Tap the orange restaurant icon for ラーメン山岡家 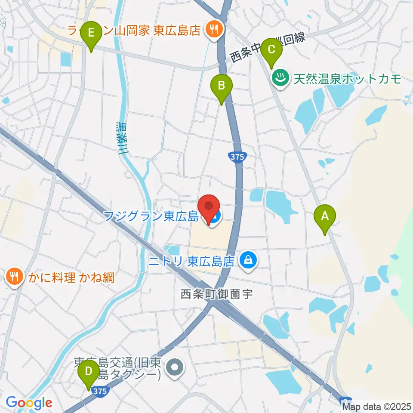[x=213, y=30]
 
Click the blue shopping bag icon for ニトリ [x=248, y=260]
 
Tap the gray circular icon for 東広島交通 [x=175, y=368]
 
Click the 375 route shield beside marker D [x=99, y=391]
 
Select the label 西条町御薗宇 [x=216, y=294]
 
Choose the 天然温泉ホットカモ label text [x=348, y=79]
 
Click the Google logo [x=29, y=403]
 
